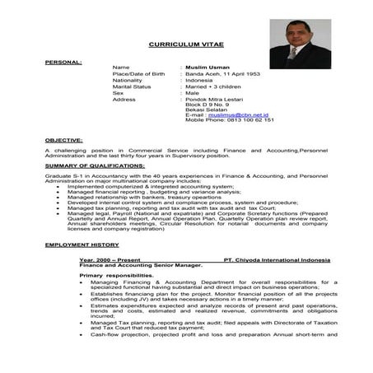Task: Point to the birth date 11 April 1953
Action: click(x=240, y=73)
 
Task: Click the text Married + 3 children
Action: click(x=213, y=86)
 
